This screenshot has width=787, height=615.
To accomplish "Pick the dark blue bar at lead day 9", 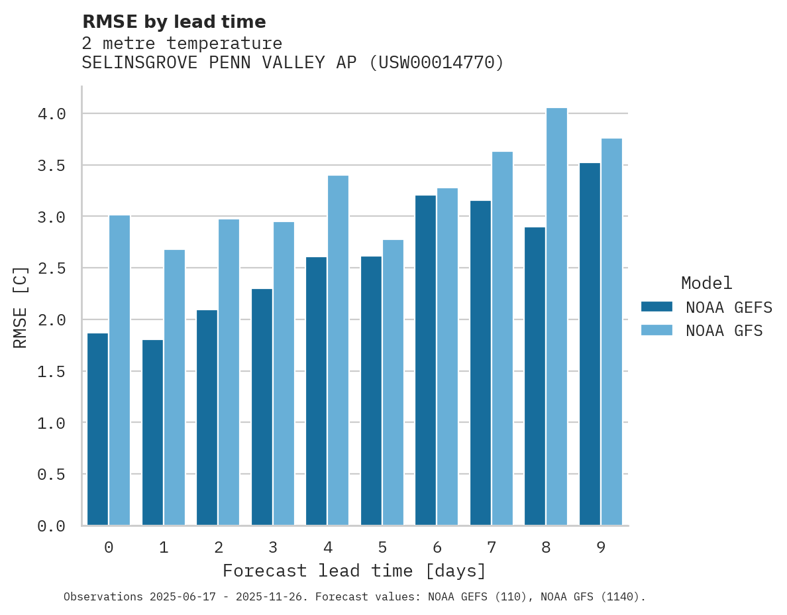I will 590,344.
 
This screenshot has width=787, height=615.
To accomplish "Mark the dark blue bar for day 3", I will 262,407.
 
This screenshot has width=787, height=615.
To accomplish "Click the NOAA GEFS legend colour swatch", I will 656,307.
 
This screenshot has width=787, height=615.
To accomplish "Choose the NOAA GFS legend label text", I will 724,331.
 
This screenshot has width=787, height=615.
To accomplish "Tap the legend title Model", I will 706,284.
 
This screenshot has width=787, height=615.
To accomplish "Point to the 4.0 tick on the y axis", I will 52,114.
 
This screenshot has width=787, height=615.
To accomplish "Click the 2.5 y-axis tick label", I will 52,268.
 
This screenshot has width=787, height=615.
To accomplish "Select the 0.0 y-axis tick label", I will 52,526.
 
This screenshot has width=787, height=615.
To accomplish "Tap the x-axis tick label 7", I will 492,547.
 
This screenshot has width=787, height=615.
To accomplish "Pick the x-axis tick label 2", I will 218,547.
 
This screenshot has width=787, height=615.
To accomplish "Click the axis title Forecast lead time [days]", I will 354,571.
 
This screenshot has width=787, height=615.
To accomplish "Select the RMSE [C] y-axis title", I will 21,307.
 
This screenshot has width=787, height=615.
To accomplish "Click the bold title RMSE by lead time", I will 174,22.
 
